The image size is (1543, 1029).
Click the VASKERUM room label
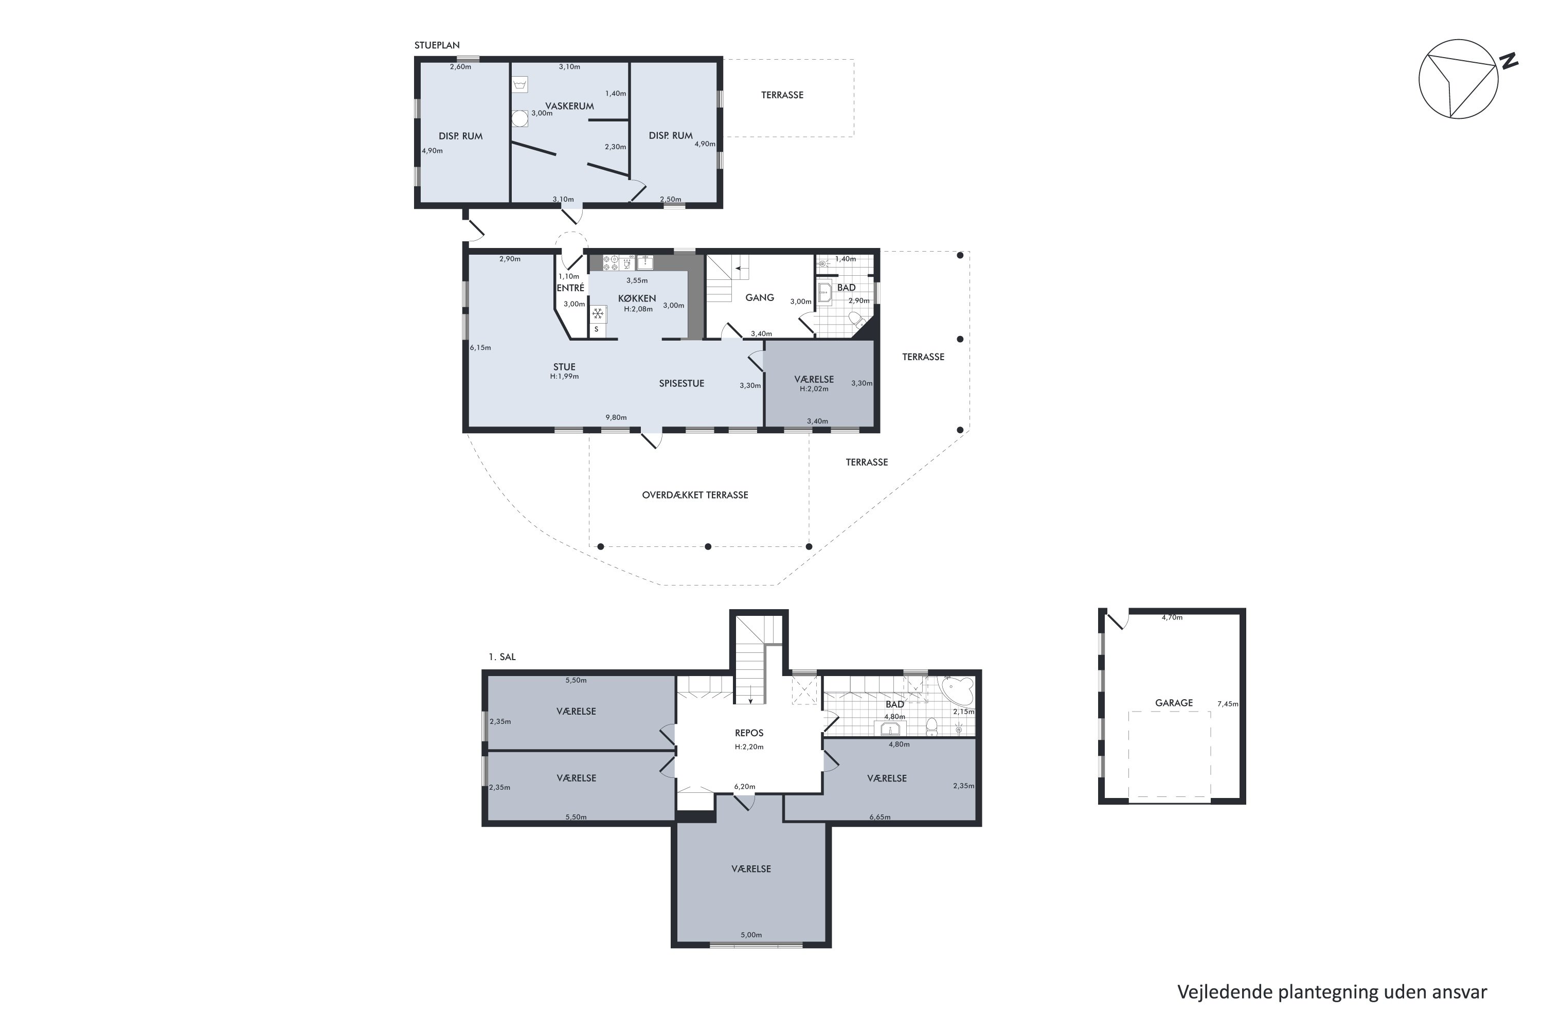569,105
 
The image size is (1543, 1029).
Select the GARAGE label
1174,703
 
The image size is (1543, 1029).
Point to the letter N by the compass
1509,61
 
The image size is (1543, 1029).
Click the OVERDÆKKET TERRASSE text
695,495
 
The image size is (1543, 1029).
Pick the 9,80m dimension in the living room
616,417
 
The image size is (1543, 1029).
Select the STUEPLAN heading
437,45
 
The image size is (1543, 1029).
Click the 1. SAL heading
502,657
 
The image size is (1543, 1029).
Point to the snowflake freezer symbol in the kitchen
598,314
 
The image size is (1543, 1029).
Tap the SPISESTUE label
681,383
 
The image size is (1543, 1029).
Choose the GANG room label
760,297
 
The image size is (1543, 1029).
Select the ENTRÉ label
570,288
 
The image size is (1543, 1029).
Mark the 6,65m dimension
880,817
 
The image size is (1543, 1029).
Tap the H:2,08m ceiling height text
638,309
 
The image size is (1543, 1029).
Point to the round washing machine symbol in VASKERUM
519,119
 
